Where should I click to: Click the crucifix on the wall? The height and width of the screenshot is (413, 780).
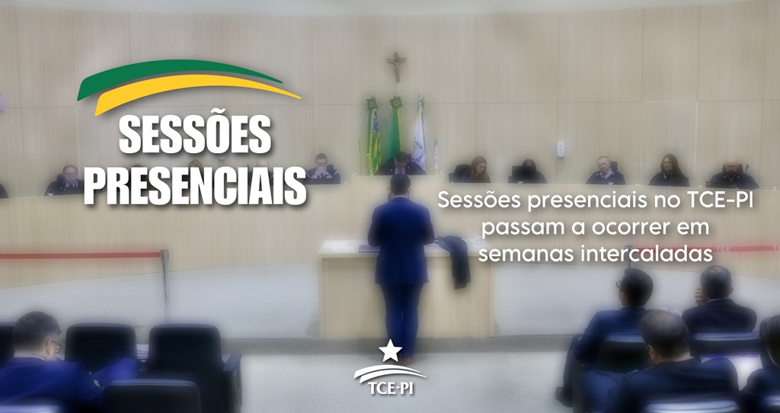click(396, 66)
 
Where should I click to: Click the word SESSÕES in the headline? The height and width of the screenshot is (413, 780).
click(195, 135)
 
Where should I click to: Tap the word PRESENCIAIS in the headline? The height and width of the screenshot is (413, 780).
click(195, 185)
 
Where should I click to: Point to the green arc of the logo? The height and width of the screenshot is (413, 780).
click(179, 75)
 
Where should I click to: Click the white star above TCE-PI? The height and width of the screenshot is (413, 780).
click(390, 351)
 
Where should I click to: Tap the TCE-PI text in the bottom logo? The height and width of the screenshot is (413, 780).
click(391, 388)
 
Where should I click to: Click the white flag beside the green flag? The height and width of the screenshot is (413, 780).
click(420, 133)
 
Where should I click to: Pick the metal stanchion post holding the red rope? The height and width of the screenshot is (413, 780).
click(165, 282)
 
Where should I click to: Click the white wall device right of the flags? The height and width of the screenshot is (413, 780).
click(561, 149)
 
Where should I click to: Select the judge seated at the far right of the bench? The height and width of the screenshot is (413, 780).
click(732, 174)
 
